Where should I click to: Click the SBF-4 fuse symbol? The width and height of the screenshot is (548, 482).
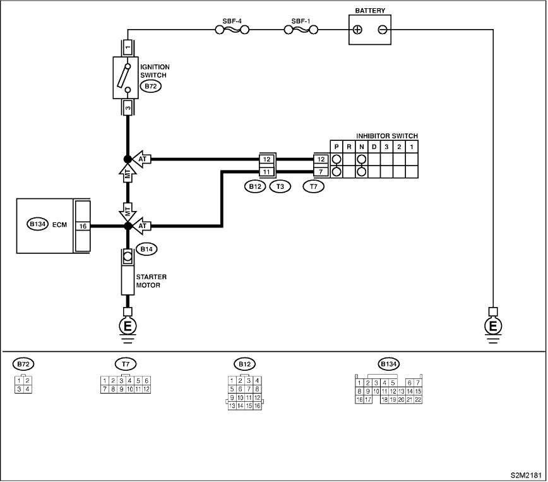[x=232, y=30]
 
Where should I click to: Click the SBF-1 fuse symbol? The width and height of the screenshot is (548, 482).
[x=301, y=30]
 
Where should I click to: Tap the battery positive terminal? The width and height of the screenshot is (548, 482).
[x=357, y=30]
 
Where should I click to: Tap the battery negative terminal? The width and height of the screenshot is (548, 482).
[x=383, y=30]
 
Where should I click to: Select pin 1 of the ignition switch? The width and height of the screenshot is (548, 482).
[x=128, y=47]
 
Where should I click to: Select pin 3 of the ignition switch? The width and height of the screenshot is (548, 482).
[x=128, y=107]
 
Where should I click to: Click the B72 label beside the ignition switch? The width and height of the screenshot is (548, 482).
[x=151, y=87]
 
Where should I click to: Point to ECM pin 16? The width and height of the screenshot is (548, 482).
[x=83, y=226]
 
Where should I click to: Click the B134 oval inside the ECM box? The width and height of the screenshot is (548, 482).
[x=37, y=224]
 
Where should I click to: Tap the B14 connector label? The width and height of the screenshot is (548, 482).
[x=146, y=250]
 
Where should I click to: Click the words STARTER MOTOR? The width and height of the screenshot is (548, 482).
[x=151, y=281]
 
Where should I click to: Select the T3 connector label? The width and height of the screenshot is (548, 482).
[x=280, y=186]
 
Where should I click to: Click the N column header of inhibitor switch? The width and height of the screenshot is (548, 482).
[x=361, y=147]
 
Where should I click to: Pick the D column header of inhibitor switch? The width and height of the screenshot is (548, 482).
[x=374, y=147]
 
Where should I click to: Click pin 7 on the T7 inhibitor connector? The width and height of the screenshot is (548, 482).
[x=321, y=172]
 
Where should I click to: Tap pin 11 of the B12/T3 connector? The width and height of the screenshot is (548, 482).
[x=267, y=172]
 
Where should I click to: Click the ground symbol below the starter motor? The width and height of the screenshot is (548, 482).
[x=128, y=326]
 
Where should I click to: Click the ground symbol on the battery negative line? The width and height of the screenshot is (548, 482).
[x=493, y=326]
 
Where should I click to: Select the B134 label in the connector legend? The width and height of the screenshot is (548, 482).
[x=389, y=364]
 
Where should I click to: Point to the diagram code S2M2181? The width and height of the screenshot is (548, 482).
[x=526, y=475]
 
